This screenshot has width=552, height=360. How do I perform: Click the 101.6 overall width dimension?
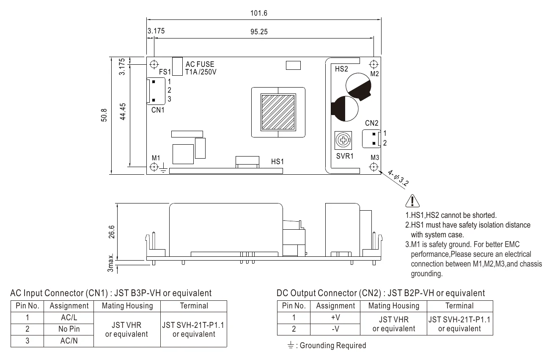(259, 13)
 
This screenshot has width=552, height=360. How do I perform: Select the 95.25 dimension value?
(259, 32)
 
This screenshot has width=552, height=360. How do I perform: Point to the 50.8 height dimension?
(104, 115)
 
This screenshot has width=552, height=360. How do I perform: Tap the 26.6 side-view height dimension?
(111, 232)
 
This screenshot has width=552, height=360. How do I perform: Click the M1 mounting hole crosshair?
(154, 167)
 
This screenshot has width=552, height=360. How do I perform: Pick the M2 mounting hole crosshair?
(373, 65)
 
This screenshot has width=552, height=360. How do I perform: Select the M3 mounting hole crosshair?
(373, 167)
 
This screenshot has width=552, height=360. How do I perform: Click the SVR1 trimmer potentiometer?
(343, 140)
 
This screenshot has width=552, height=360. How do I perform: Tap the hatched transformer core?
(278, 113)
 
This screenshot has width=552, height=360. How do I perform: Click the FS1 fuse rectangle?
(177, 66)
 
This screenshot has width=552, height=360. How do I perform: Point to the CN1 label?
(158, 110)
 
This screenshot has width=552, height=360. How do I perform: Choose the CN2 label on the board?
(372, 123)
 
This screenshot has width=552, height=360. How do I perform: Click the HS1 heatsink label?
(277, 162)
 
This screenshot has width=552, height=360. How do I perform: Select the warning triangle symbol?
(412, 201)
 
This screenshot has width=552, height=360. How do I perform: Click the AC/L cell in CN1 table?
(69, 318)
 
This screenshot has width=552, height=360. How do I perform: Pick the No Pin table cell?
(69, 329)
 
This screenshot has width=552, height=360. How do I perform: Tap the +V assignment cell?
(335, 318)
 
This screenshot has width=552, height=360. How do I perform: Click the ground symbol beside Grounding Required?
(291, 345)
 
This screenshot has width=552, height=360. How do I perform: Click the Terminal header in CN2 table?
(460, 306)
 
